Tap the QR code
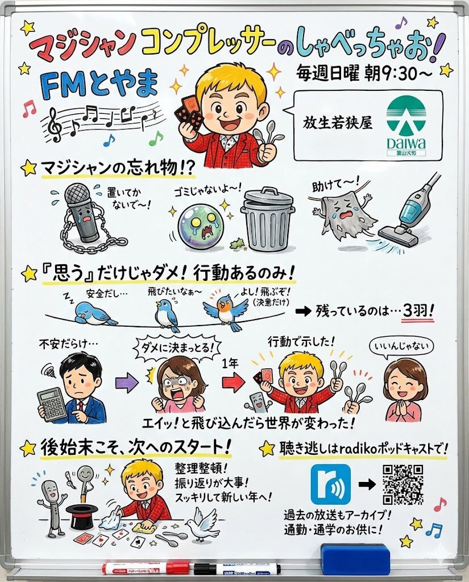[x=402, y=484]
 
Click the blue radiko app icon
[x=330, y=484]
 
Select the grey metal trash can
[x=267, y=219]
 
